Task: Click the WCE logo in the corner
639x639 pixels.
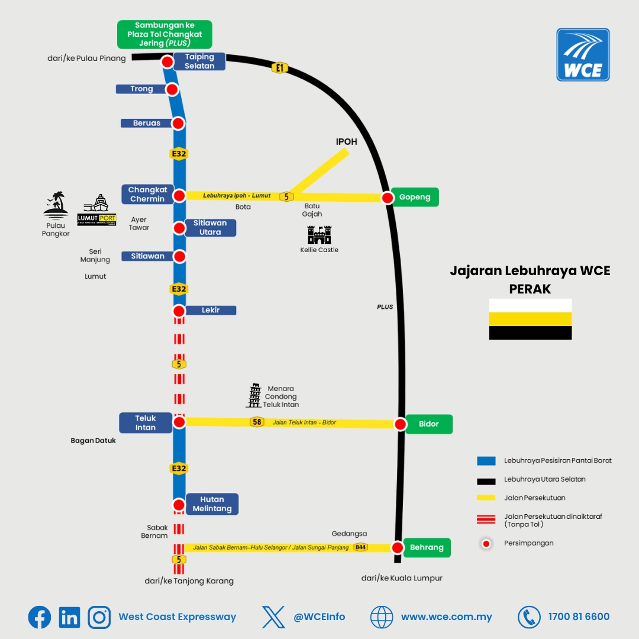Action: [x=583, y=54]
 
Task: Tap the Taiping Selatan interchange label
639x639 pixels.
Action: [x=199, y=62]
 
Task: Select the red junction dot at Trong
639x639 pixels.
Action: [x=172, y=89]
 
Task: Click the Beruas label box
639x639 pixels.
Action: [x=147, y=123]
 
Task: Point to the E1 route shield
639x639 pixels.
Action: [x=279, y=67]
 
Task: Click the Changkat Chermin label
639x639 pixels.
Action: [x=147, y=195]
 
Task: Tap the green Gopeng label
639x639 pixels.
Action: [x=414, y=197]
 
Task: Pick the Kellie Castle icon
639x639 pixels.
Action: [x=319, y=235]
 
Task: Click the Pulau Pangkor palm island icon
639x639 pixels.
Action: [x=56, y=205]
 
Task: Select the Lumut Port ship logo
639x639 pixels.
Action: [x=96, y=209]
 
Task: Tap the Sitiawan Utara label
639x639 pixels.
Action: [x=210, y=227]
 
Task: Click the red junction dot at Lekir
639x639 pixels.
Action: [x=179, y=311]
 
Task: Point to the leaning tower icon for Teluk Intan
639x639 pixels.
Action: [x=254, y=395]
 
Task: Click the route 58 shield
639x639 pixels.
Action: [x=257, y=422]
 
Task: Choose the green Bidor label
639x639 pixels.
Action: [x=429, y=424]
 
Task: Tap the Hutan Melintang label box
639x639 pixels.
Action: [x=212, y=504]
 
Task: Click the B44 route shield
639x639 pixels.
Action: [x=360, y=547]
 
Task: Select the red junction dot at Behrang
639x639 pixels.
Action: [x=398, y=547]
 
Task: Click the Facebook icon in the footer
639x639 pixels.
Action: [x=40, y=617]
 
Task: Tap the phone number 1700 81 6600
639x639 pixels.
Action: [x=579, y=617]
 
